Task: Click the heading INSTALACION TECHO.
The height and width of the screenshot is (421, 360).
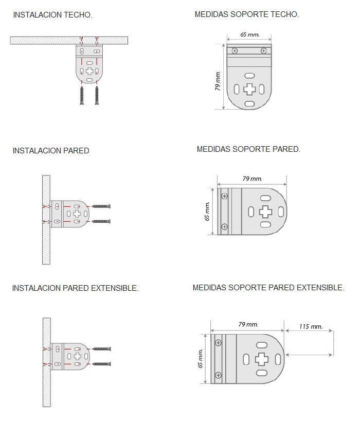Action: [52, 15]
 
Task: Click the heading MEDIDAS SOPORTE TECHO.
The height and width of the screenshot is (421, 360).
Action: [247, 14]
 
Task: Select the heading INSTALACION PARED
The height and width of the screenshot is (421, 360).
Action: [51, 151]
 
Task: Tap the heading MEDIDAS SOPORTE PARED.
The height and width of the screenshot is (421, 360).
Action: [248, 149]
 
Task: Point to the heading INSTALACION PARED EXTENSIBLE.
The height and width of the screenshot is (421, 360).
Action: [75, 288]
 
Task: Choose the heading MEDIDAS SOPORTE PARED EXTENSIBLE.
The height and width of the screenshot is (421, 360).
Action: [268, 288]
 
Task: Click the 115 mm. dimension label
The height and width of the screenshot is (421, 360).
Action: [310, 326]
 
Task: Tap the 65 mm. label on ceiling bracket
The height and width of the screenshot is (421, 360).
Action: [249, 35]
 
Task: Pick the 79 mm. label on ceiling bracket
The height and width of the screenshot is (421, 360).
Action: [218, 80]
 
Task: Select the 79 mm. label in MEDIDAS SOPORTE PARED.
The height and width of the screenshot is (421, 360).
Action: [252, 179]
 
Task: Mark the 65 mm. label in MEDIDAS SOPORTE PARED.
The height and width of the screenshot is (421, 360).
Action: [208, 211]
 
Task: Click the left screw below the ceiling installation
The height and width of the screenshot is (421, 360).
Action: [81, 96]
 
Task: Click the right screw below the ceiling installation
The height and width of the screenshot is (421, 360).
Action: [96, 96]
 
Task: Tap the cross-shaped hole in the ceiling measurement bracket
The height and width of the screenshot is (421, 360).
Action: [249, 89]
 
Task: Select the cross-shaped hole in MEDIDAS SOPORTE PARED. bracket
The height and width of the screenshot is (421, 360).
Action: [266, 212]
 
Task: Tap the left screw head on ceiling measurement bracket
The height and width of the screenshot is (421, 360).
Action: [235, 50]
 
